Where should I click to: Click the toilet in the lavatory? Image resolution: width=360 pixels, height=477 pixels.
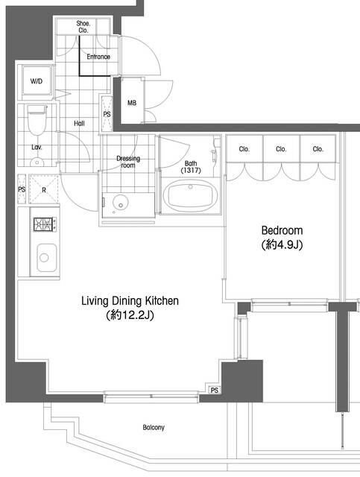click(x=37, y=120)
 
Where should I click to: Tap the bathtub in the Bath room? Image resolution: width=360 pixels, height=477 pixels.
click(x=191, y=196)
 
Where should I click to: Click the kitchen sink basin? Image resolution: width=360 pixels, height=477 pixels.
click(x=46, y=258)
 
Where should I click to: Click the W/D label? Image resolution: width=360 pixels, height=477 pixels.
click(x=37, y=81)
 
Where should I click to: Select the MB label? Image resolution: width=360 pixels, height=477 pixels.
click(x=132, y=103)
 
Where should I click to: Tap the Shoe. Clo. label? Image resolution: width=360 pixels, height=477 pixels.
click(x=83, y=27)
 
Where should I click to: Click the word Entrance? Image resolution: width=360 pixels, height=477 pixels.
click(x=98, y=57)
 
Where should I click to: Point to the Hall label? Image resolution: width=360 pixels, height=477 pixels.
click(x=79, y=123)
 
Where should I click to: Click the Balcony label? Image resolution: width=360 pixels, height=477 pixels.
click(x=154, y=427)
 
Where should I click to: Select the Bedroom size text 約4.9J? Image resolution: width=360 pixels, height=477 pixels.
click(x=282, y=244)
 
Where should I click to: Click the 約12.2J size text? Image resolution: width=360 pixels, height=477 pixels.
click(x=130, y=315)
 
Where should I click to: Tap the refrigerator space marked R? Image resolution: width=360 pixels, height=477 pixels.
click(x=44, y=189)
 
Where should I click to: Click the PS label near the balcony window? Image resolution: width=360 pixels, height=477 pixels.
click(x=215, y=390)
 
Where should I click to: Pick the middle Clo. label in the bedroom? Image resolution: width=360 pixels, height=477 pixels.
click(x=281, y=149)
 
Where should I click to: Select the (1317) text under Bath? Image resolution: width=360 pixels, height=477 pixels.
click(x=191, y=171)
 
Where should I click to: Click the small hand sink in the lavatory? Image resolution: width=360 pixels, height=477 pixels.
click(x=37, y=162)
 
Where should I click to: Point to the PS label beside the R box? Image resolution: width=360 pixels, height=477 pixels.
click(x=22, y=189)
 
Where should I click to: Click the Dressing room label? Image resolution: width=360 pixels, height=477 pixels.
click(x=128, y=162)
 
